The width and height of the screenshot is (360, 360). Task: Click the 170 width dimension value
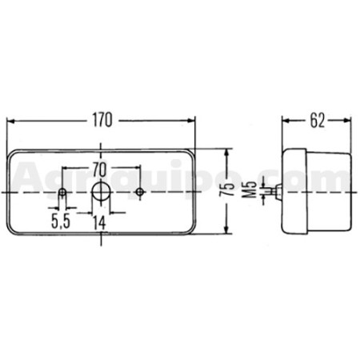tap(102, 121)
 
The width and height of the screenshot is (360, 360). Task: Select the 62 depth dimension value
tap(318, 121)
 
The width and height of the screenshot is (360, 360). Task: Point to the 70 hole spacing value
tap(99, 170)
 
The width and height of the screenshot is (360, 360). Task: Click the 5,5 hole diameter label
tap(61, 222)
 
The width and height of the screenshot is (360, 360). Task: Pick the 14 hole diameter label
tap(100, 222)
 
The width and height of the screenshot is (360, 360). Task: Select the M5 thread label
tap(250, 190)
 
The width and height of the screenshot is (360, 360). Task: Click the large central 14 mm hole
tap(101, 192)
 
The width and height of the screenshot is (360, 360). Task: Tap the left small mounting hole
tap(62, 192)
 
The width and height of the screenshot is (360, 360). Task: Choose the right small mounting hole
tap(140, 192)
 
